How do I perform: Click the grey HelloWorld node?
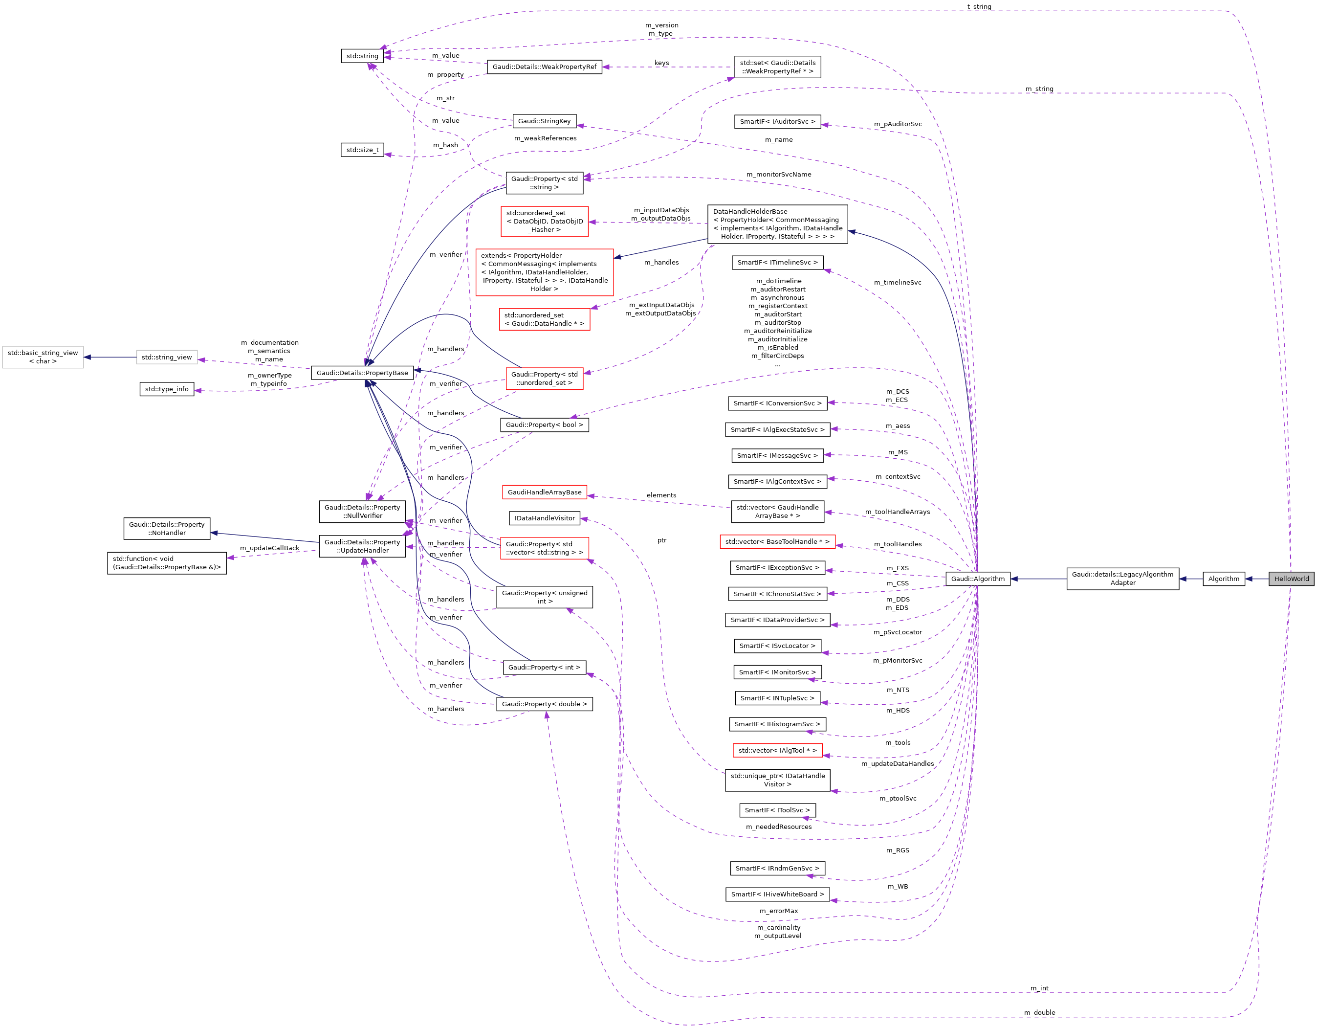coord(1291,579)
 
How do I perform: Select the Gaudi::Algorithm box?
coord(978,579)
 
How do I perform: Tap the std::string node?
coord(362,55)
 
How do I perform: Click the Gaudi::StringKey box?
coord(544,121)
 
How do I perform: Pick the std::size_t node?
coord(362,150)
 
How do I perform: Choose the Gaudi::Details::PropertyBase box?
coord(362,373)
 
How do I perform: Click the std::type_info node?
coord(166,389)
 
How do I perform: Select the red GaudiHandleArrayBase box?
coord(544,492)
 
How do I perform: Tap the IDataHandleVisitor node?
coord(544,518)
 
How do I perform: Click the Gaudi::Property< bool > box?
coord(544,425)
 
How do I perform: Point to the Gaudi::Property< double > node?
coord(544,704)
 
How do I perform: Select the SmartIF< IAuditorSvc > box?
coord(777,121)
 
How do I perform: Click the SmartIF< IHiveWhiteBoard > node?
coord(777,894)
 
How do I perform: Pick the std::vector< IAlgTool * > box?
coord(777,751)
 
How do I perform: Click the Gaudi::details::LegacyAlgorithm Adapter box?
coord(1122,579)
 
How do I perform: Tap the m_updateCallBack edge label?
coord(269,548)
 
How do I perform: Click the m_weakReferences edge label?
coord(545,138)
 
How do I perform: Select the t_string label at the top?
coord(979,7)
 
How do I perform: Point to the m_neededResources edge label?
coord(778,827)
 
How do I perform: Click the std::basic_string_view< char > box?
coord(43,357)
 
